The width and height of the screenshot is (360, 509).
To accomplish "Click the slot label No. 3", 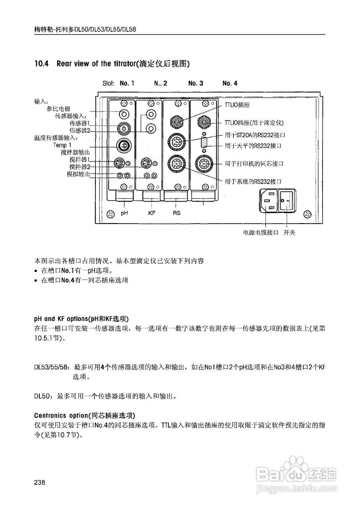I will point(196,84).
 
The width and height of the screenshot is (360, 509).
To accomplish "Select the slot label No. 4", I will point(230,84).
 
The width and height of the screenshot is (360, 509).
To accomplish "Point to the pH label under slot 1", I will point(124,213).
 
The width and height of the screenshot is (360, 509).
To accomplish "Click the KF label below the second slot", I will point(152,213).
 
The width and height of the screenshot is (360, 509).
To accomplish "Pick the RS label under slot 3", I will point(177,213).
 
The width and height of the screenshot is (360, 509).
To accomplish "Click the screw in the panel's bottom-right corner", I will point(307,215).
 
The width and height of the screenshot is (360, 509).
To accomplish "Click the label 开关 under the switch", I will point(289,233).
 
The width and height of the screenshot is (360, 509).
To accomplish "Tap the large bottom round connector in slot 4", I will point(204,163).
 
